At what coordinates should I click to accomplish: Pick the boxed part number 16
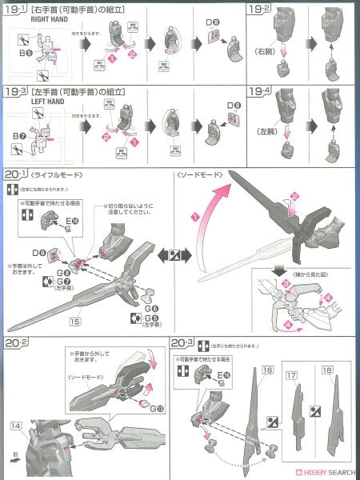[x=267, y=370]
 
